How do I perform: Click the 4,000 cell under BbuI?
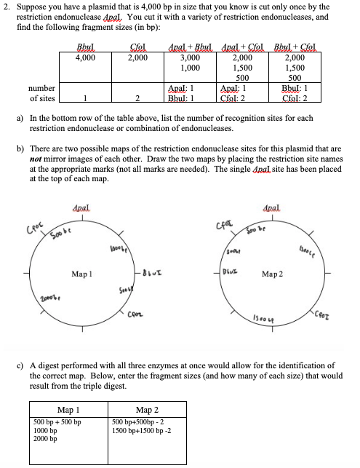pyautogui.click(x=86, y=58)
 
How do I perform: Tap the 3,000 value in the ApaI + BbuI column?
pyautogui.click(x=190, y=58)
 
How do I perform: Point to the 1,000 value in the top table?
pyautogui.click(x=190, y=68)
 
